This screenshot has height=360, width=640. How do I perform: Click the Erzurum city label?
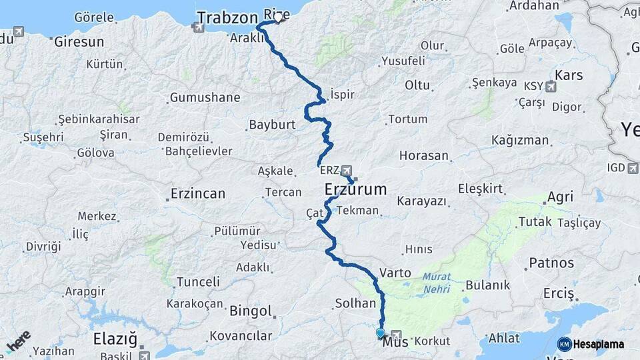coord(355,189)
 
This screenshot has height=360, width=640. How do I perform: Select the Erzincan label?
coord(197,194)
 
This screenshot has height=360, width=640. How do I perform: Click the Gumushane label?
coord(205,98)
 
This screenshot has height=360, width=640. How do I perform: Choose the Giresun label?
coord(79,41)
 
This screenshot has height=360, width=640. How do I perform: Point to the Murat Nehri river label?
coord(436,283)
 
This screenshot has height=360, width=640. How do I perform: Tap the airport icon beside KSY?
coord(550,86)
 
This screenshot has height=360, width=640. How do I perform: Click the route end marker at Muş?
coord(380,333)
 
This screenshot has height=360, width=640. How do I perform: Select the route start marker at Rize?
coord(278,19)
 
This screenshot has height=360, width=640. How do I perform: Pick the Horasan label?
coord(424,155)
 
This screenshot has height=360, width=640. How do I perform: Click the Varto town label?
coord(390,273)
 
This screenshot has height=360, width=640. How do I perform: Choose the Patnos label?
coord(551,263)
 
